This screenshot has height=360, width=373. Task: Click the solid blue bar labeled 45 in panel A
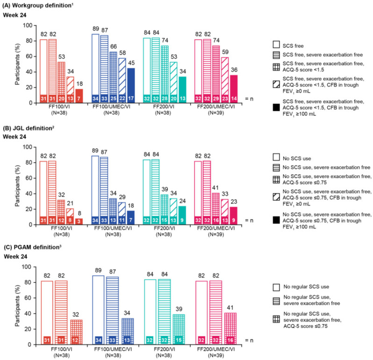(131, 86)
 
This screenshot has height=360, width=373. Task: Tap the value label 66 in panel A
(114, 47)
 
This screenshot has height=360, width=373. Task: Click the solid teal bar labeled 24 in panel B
(182, 216)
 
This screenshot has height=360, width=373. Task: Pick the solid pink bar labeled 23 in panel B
(234, 216)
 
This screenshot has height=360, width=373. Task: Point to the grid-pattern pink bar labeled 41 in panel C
(230, 329)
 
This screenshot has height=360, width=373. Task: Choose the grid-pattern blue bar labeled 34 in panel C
(127, 331)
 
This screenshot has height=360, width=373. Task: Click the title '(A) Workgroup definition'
(37, 5)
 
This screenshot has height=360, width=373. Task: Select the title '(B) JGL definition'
(29, 128)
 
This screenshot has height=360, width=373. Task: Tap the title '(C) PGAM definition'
(33, 247)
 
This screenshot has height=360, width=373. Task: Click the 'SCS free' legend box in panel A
(276, 44)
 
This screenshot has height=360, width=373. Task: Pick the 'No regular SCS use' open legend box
(276, 287)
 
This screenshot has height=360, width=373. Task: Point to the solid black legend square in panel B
(276, 220)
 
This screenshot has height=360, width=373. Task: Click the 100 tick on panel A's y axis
(28, 25)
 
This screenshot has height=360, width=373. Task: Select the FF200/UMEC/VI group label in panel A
(216, 107)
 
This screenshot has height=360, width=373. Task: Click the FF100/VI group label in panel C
(62, 349)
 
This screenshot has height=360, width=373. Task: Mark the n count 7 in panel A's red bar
(79, 99)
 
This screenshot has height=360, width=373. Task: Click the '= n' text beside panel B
(249, 220)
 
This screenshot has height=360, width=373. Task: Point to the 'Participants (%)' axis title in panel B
(17, 186)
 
